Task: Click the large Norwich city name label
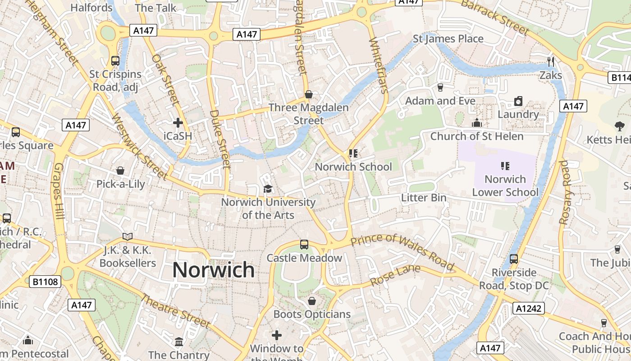[x=213, y=270]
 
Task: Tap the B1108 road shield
[x=46, y=282]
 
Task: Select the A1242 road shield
[x=528, y=309]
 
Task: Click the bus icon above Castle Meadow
[x=304, y=245]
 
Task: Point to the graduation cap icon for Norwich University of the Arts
[x=268, y=189]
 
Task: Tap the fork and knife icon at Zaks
[x=550, y=62]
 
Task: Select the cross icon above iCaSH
[x=178, y=123]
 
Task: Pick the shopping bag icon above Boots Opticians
[x=311, y=301]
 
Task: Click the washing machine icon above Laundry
[x=518, y=101]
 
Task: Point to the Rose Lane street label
[x=395, y=275]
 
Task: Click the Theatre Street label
[x=176, y=311]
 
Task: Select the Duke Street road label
[x=220, y=139]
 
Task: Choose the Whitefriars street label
[x=378, y=65]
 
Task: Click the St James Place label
[x=448, y=39]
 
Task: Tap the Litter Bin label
[x=424, y=198]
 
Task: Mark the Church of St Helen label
[x=476, y=136]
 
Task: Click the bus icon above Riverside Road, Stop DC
[x=514, y=259]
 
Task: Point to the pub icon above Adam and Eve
[x=440, y=88]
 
